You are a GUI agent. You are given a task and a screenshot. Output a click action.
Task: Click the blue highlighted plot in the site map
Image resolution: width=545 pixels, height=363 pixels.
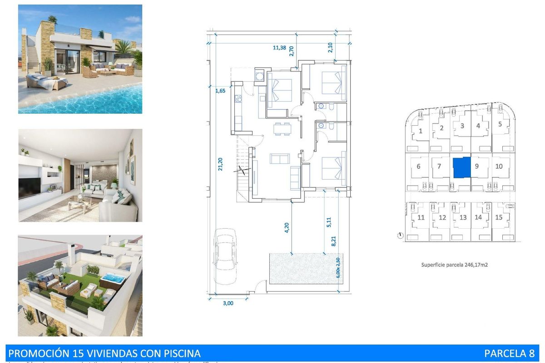coord(462,167)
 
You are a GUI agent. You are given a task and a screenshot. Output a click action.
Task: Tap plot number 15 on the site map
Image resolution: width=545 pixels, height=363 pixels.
coord(499,217)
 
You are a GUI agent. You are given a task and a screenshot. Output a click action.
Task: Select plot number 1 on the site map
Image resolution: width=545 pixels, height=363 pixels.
coord(421,131)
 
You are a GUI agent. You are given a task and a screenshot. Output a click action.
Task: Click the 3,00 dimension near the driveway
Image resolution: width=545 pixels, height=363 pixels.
coord(228,304)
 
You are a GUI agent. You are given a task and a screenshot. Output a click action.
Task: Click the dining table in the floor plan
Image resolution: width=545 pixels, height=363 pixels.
coord(282,129)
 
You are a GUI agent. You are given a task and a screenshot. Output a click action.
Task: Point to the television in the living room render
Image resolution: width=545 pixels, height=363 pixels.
coord(30,186)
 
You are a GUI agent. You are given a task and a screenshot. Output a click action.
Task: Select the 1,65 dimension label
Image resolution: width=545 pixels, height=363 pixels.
coord(220,91)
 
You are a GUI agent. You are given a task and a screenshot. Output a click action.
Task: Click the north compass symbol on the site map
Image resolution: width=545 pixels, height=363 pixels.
coord(400,235)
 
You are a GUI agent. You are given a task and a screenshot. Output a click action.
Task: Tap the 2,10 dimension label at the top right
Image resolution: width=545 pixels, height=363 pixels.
coord(331,47)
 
